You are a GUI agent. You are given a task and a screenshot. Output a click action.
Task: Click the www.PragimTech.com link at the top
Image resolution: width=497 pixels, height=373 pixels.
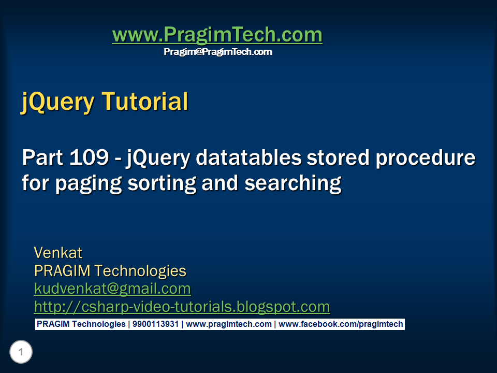click(217, 35)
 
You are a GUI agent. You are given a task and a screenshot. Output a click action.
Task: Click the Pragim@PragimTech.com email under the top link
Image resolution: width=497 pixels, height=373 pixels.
click(218, 52)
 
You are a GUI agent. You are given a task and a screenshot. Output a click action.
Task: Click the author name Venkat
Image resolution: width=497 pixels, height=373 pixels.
click(58, 253)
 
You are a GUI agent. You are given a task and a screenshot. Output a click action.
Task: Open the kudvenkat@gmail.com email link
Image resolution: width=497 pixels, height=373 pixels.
click(112, 289)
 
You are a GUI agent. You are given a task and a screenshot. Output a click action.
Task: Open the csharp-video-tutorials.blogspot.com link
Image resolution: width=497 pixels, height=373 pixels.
click(182, 307)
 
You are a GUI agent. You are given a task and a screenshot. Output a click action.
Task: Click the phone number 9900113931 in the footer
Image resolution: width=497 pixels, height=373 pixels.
click(155, 324)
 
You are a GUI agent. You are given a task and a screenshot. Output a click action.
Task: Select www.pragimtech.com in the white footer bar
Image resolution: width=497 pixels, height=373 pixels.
click(229, 324)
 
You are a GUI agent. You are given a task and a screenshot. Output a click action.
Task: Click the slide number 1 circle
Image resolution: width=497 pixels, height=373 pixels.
click(21, 353)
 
